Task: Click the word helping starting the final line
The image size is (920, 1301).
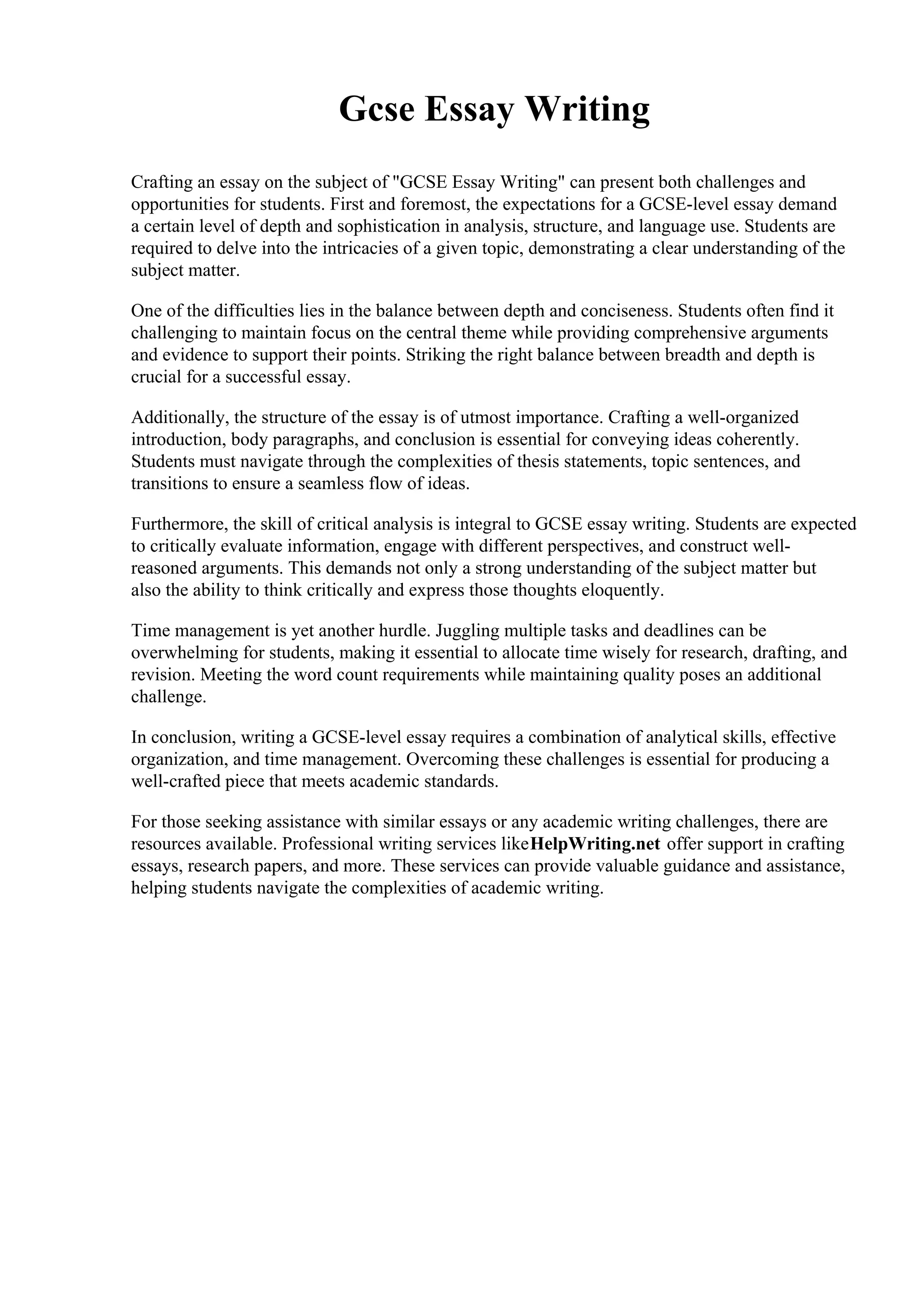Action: (x=159, y=888)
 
